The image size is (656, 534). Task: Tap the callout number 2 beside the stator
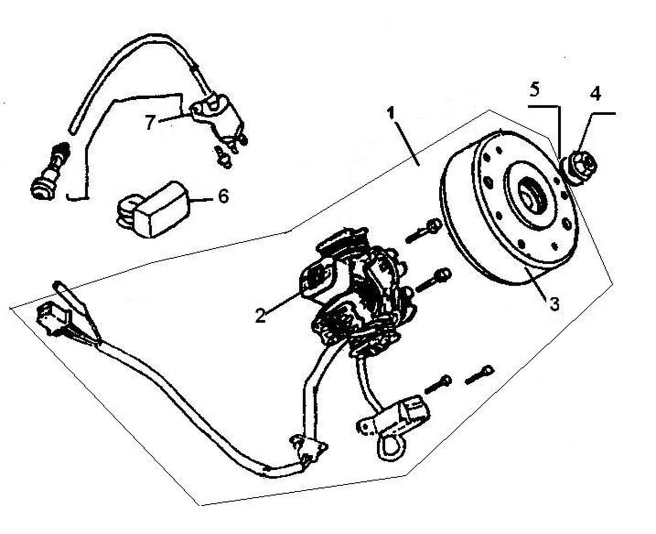click(x=260, y=316)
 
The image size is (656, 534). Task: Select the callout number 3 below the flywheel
click(x=554, y=304)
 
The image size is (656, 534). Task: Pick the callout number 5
click(x=534, y=90)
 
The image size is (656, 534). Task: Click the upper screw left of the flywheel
click(x=424, y=230)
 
